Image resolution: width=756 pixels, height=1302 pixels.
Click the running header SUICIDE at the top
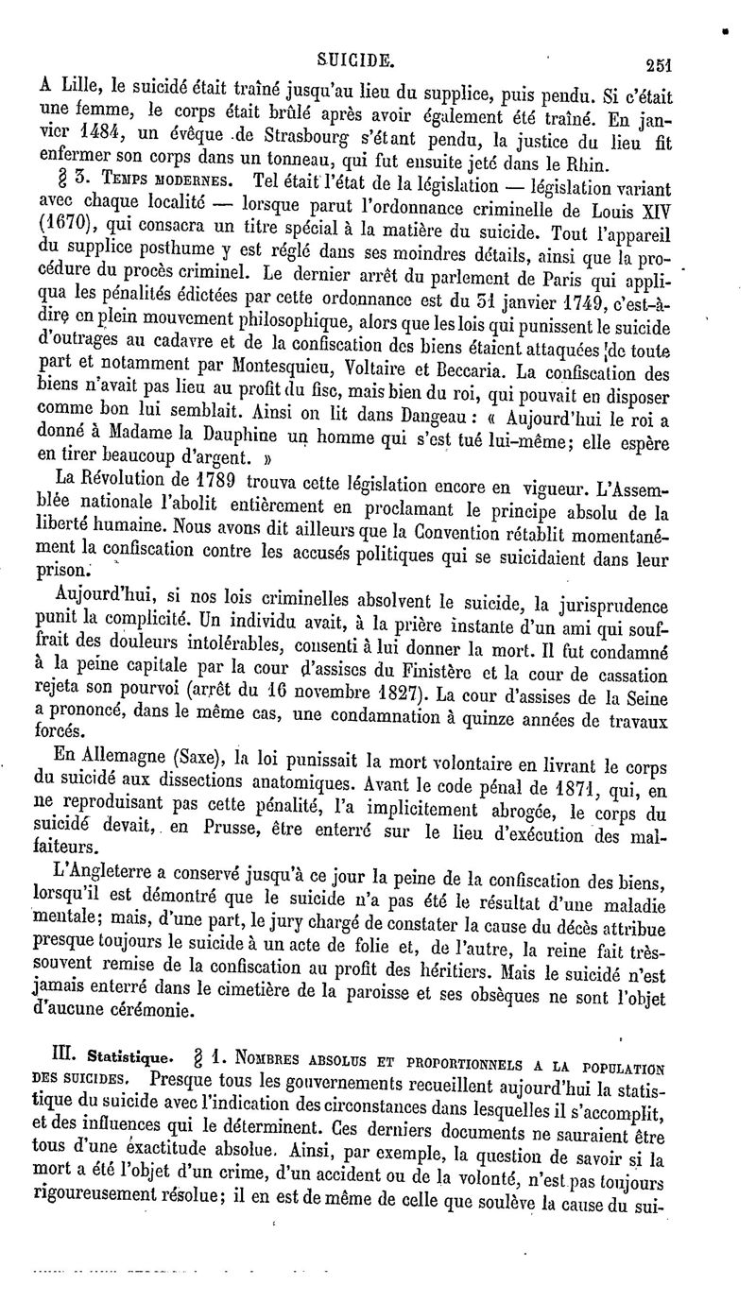(354, 59)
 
